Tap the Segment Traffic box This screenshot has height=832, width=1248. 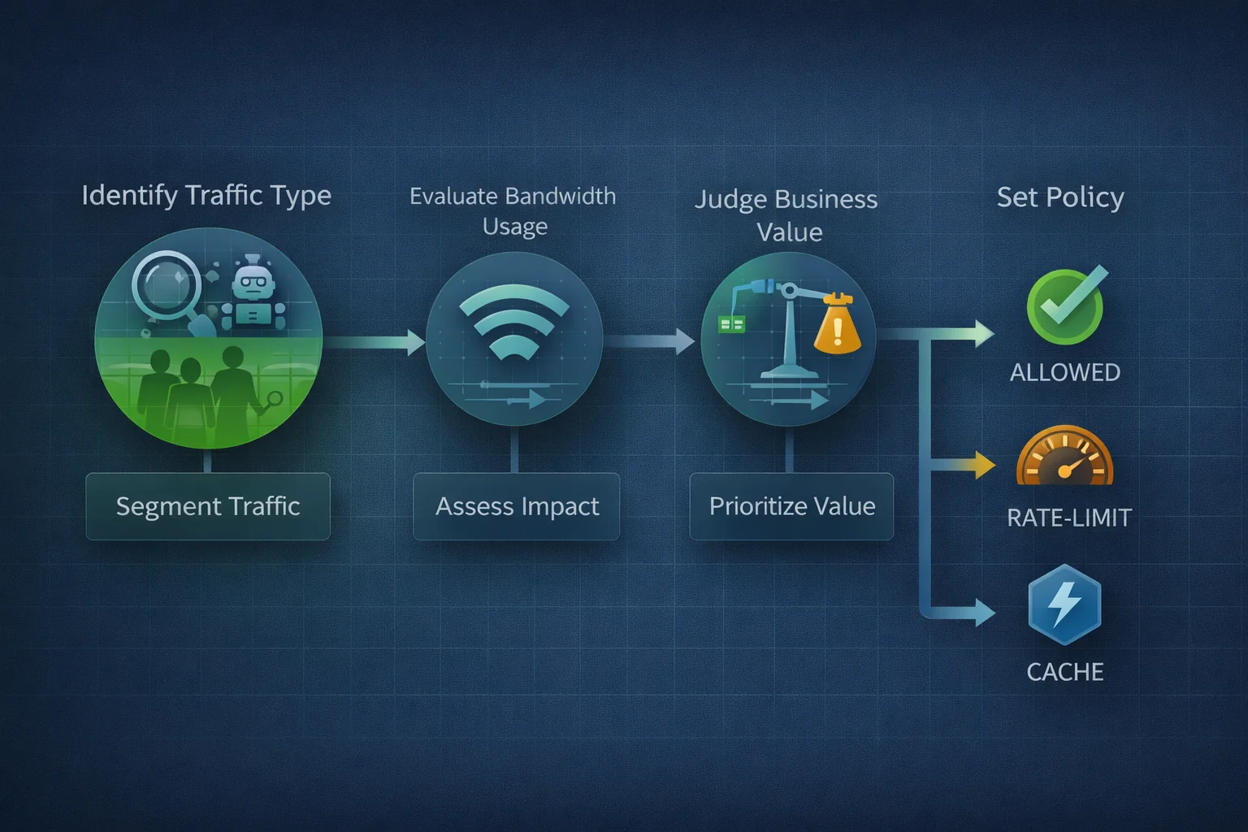(x=208, y=506)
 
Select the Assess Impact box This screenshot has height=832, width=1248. (x=517, y=506)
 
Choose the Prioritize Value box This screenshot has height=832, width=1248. (x=791, y=506)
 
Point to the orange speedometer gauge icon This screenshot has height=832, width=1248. (x=1064, y=455)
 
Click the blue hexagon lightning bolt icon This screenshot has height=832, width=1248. (x=1064, y=604)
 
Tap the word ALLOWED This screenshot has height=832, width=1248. (x=1064, y=373)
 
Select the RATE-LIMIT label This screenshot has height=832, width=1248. (x=1069, y=518)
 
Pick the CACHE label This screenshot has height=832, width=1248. (x=1064, y=672)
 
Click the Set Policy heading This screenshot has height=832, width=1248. (x=1060, y=197)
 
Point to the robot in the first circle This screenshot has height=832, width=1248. (x=253, y=292)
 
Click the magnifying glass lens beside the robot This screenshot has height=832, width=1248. (x=166, y=285)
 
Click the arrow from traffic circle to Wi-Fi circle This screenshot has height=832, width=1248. (x=374, y=341)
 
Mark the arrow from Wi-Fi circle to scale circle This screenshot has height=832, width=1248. (x=649, y=341)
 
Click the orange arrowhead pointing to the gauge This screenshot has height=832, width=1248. (x=985, y=465)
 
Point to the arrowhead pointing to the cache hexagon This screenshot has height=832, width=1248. (x=985, y=613)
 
